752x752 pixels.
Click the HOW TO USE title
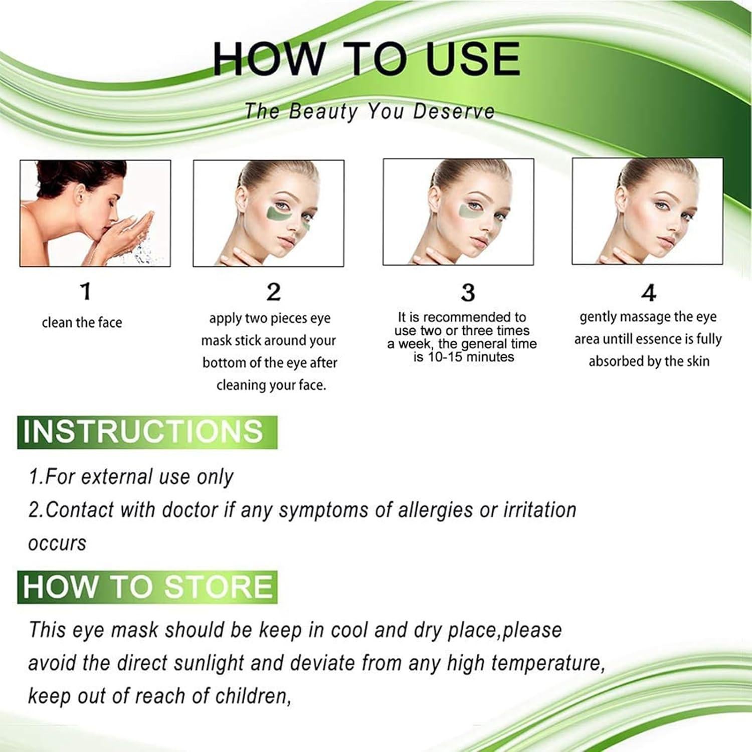366,59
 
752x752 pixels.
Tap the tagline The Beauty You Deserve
369,111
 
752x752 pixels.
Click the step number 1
86,291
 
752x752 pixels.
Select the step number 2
273,292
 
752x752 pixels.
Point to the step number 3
468,293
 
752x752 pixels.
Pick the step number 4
649,293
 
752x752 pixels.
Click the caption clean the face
82,322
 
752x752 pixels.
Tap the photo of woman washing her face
95,213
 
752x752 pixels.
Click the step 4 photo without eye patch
647,211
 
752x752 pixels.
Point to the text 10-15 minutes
464,357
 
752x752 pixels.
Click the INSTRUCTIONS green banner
147,432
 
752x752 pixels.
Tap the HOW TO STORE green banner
147,587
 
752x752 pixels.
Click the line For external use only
131,477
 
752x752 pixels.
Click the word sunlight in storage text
209,663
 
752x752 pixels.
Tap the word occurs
57,543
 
